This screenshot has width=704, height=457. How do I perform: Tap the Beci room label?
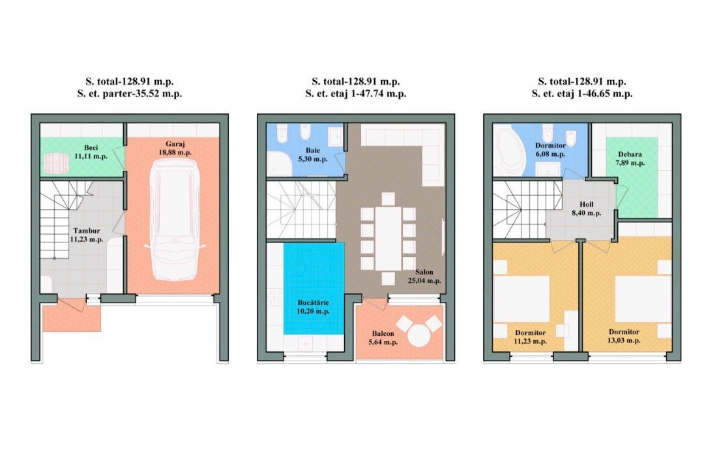coord(91,148)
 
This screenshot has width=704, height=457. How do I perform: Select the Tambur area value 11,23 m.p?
coord(87,240)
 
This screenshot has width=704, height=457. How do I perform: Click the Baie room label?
coord(313,151)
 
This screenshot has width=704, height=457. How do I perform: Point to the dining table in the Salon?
coord(389,238)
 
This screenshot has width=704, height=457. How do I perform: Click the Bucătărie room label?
coord(314,302)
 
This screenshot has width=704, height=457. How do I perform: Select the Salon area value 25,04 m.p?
coord(424,280)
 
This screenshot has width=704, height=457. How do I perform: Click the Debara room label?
coord(630,155)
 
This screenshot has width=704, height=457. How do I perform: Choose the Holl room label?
coord(587,205)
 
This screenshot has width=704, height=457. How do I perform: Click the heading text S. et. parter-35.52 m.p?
coord(129,94)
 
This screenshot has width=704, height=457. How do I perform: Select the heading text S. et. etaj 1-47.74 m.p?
coord(356,94)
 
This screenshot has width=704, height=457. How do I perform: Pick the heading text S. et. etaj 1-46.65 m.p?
coord(582,94)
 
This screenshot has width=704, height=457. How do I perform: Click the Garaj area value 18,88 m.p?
coord(175,153)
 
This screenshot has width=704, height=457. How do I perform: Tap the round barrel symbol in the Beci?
coord(56,164)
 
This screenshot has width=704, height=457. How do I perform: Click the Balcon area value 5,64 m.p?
coord(383,342)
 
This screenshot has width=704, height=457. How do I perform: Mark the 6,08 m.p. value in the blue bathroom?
coord(550,154)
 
